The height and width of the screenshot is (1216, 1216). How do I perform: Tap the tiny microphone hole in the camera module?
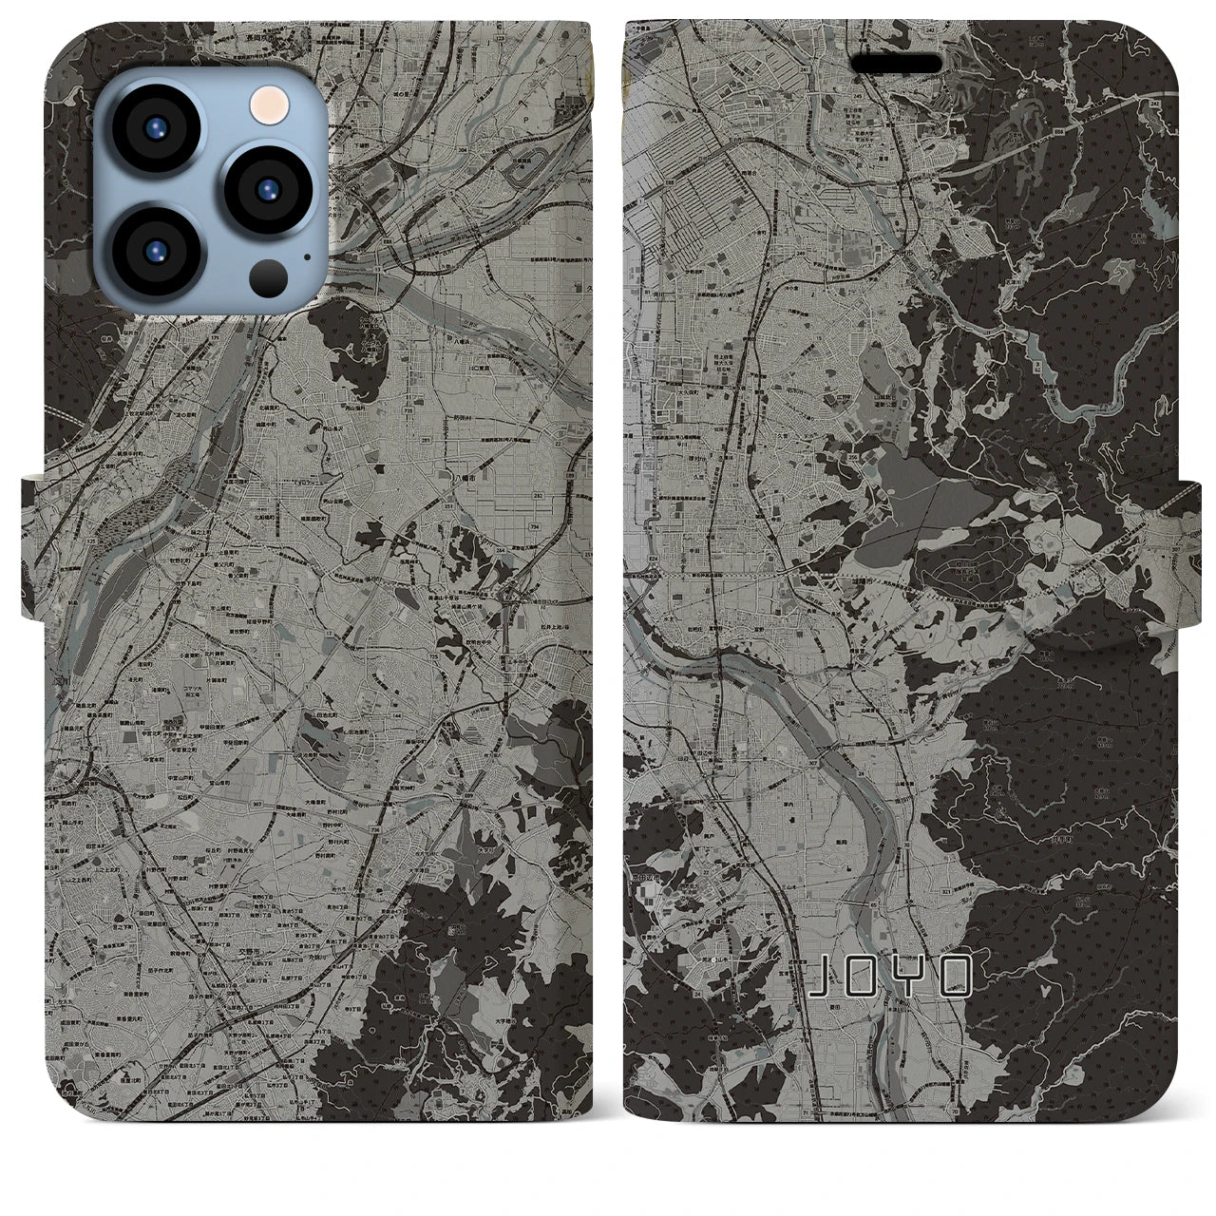pyautogui.click(x=306, y=256)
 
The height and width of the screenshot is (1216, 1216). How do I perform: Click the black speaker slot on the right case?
pyautogui.click(x=896, y=64)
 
